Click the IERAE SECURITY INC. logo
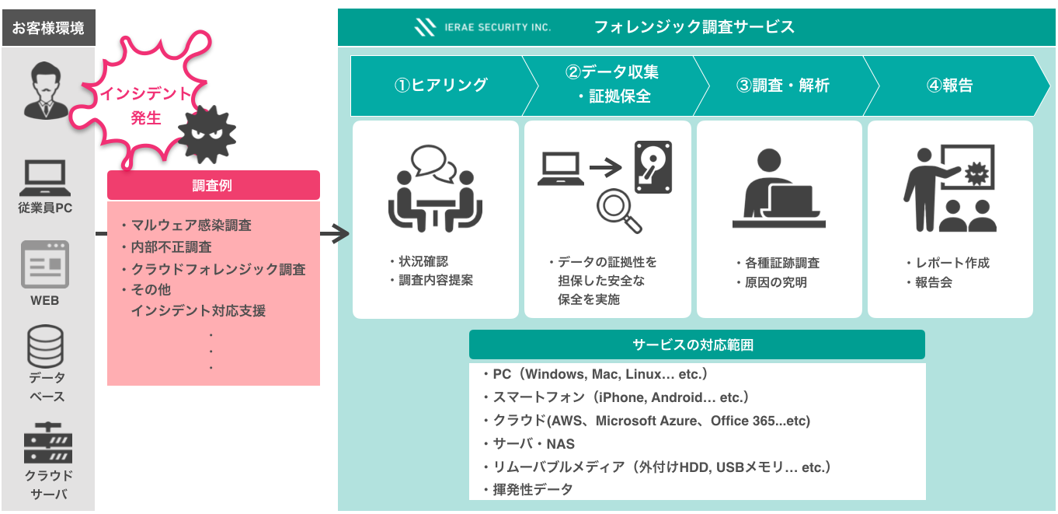(x=482, y=27)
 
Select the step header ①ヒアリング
(x=440, y=86)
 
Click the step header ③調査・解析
(x=782, y=86)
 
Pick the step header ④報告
(x=949, y=86)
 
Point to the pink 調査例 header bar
(x=213, y=185)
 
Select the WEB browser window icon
(x=45, y=264)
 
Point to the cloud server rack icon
(x=47, y=443)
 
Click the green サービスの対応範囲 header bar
(x=697, y=344)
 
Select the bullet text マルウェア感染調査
(x=191, y=226)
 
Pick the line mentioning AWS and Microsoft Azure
(x=651, y=421)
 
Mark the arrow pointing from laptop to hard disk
(x=606, y=166)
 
